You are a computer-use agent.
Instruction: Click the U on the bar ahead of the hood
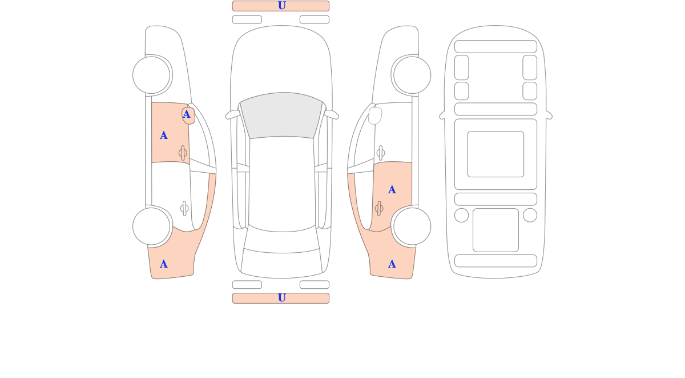(x=281, y=6)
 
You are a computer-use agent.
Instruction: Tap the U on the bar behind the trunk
(x=281, y=297)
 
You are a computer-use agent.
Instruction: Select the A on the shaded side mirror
(x=186, y=114)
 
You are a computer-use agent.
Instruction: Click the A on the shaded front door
(x=164, y=136)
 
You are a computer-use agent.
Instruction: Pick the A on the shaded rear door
(x=392, y=190)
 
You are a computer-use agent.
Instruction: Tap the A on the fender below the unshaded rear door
(x=164, y=264)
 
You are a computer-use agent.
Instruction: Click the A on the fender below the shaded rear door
(x=392, y=264)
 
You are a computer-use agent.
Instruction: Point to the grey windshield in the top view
(x=281, y=115)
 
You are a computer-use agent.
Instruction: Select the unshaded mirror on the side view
(x=375, y=116)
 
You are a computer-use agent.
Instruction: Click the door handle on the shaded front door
(x=183, y=153)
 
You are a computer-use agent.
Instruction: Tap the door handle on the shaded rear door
(x=379, y=209)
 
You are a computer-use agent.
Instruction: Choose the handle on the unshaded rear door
(x=184, y=209)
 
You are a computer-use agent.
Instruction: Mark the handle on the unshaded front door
(x=380, y=153)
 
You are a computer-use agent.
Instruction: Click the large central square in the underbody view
(x=495, y=154)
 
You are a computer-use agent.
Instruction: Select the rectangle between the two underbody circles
(x=495, y=230)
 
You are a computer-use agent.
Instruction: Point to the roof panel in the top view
(x=281, y=184)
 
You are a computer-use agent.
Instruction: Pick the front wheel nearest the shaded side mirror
(x=151, y=75)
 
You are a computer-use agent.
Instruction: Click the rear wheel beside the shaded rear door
(x=412, y=226)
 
